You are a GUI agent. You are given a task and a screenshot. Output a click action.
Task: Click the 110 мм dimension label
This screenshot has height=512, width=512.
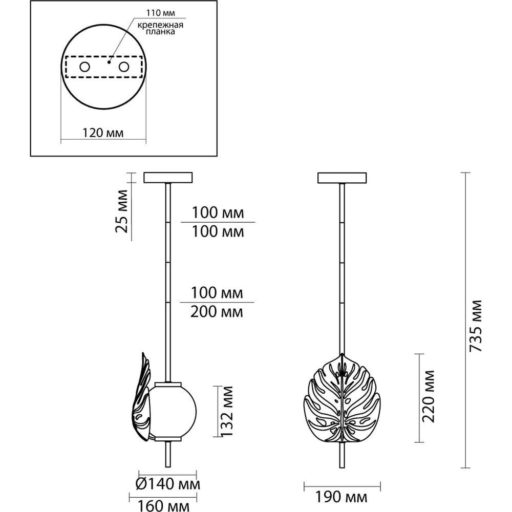pos(160,13)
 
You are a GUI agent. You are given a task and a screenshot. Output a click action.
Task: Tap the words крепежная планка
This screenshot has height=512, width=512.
pos(160,28)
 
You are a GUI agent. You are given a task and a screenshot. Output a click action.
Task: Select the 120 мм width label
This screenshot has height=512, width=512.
pos(102,133)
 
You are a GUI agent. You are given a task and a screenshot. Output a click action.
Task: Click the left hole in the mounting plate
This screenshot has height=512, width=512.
pos(84,67)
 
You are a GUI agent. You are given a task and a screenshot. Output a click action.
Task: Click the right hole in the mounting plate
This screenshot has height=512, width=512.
pos(124,67)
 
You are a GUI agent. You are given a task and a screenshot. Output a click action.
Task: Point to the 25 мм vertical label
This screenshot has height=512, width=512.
pos(121,211)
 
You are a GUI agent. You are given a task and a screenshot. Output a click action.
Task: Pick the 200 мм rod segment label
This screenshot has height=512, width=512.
pos(217,312)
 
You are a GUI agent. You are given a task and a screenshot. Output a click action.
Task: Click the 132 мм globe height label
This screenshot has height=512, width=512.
pos(226,411)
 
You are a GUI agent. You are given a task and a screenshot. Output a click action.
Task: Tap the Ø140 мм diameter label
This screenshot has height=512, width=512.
pos(168,484)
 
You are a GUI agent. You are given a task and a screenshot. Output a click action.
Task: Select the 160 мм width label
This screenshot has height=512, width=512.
pos(164,506)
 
